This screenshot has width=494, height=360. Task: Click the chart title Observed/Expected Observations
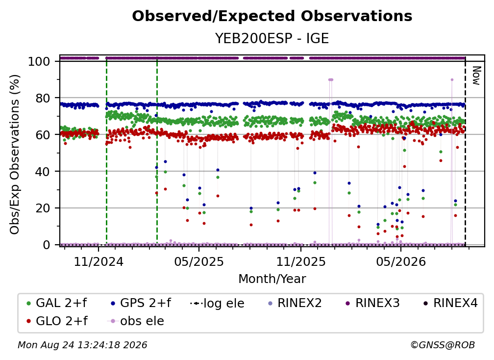tap(272, 16)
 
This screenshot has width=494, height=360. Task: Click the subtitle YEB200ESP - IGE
tap(272, 38)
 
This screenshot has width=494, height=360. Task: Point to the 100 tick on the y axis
tap(39, 61)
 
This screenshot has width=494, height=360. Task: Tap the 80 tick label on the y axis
tap(43, 98)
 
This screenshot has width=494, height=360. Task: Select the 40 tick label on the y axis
tap(43, 172)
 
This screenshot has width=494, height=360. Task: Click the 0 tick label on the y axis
tap(47, 245)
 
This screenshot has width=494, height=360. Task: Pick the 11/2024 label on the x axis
tap(99, 261)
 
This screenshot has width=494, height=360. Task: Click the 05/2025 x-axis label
tap(199, 261)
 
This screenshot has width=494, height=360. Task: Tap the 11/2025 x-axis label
tap(301, 261)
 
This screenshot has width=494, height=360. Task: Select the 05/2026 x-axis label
tap(401, 261)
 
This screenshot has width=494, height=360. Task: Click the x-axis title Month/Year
tap(272, 279)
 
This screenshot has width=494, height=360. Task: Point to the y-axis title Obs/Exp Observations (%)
tap(15, 154)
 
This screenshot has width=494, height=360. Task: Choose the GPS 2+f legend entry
tap(141, 303)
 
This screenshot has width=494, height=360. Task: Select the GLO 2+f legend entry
tap(57, 321)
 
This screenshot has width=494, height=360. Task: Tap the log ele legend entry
tap(218, 303)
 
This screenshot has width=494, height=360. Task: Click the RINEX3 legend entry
tap(372, 303)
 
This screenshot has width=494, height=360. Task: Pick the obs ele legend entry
tap(136, 321)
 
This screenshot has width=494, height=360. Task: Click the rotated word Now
tap(476, 76)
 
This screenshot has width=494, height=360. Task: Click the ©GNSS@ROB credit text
tap(443, 345)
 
